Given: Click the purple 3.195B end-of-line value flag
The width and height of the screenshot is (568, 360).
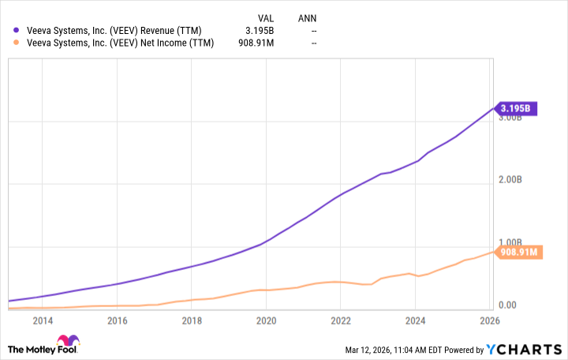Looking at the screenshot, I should tap(518, 108).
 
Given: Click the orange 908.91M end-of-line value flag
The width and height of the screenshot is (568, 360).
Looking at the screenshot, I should tap(518, 253).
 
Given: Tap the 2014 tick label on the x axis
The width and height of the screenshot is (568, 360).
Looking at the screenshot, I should tap(43, 321).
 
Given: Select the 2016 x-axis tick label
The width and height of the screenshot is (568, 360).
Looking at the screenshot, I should tap(117, 321).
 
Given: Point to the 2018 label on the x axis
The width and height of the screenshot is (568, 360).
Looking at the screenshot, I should tap(192, 321).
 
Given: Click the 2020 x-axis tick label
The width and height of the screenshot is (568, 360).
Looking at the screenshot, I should tap(266, 321).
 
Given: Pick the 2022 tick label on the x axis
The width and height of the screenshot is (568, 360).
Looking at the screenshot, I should tap(341, 321).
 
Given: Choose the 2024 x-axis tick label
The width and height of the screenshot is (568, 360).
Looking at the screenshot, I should tap(416, 321).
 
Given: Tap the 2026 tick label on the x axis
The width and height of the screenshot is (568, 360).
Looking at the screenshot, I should tap(490, 321).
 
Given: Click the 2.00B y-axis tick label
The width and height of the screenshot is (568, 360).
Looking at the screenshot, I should tap(510, 180).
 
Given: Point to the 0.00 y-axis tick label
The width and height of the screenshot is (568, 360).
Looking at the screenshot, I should tap(507, 306).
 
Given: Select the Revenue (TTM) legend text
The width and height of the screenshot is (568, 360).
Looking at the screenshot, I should tap(108, 31).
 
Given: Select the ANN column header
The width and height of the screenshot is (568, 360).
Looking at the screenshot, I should tap(308, 17).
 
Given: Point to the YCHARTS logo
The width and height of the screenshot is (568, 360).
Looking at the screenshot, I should tap(528, 347).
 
